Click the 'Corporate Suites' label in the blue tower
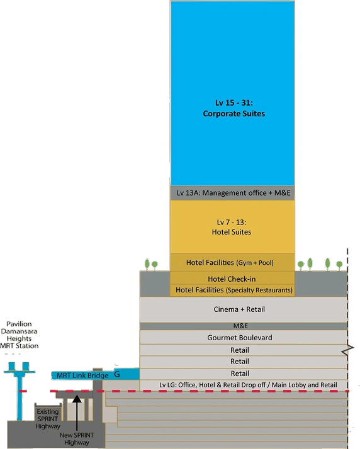click(233, 114)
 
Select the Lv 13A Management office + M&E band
click(232, 193)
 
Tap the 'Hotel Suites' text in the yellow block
click(232, 232)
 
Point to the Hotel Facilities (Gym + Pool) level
click(232, 262)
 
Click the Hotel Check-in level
click(232, 278)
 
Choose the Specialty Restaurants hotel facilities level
click(232, 290)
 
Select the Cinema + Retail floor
click(244, 309)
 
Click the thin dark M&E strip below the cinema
click(244, 326)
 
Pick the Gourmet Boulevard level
click(244, 337)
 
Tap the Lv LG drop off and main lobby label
click(248, 385)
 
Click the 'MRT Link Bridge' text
click(82, 375)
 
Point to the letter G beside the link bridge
click(117, 374)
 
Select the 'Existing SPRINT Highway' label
click(48, 419)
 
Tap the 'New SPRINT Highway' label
click(77, 439)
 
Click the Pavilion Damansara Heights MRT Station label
click(20, 335)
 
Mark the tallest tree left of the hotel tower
click(147, 265)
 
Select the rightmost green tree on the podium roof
click(339, 265)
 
